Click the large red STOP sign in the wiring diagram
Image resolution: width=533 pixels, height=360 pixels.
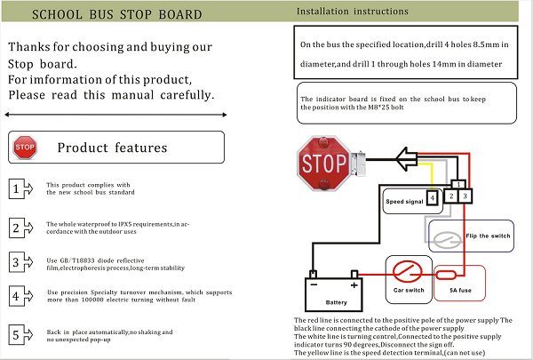coord(323,163)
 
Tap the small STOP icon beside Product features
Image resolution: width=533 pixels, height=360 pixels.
coord(25,148)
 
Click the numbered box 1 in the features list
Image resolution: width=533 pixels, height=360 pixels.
coord(16,188)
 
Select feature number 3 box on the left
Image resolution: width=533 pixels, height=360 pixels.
coord(16,262)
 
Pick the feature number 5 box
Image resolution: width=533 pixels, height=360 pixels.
coord(16,334)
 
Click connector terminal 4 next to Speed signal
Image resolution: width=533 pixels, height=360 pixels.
coord(432,197)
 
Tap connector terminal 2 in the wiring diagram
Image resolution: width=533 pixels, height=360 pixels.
coord(451,196)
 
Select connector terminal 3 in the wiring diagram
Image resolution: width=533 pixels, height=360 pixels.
coord(465,196)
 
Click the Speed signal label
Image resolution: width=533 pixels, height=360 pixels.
coord(404,202)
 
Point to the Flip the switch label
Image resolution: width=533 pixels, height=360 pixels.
coord(488,236)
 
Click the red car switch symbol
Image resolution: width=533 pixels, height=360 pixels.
coord(407,271)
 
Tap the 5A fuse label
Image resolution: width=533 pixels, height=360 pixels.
coord(460,291)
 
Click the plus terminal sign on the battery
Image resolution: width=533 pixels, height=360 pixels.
coord(354,285)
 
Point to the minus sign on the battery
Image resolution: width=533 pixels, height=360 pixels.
coord(314,284)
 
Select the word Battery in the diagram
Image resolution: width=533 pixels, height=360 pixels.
coord(336,302)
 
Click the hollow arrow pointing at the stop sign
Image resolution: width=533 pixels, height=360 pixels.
coord(407,159)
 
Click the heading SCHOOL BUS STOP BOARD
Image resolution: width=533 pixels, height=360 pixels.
coord(117,14)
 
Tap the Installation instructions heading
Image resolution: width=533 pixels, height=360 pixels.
coord(353,12)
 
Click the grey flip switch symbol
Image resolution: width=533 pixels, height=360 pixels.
coord(448,240)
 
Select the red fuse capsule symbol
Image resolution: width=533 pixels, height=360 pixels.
coord(446,275)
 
